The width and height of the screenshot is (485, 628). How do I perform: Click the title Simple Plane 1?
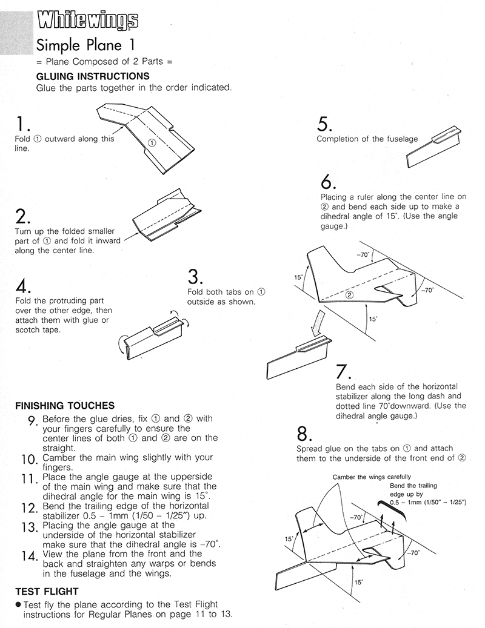pyautogui.click(x=85, y=45)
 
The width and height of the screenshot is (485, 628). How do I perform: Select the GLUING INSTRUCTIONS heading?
pyautogui.click(x=93, y=76)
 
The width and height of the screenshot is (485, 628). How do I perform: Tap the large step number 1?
pyautogui.click(x=24, y=124)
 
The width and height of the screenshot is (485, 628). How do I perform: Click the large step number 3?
pyautogui.click(x=195, y=277)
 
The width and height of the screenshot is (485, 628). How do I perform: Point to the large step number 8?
pyautogui.click(x=304, y=434)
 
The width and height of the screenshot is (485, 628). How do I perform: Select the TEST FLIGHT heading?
pyautogui.click(x=47, y=591)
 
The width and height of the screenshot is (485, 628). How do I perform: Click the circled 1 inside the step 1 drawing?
pyautogui.click(x=152, y=144)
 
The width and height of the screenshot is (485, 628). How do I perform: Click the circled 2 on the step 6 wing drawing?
pyautogui.click(x=349, y=296)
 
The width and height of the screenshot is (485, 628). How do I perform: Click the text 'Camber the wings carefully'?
pyautogui.click(x=372, y=477)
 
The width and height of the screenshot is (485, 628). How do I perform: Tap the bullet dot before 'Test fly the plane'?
pyautogui.click(x=18, y=605)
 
